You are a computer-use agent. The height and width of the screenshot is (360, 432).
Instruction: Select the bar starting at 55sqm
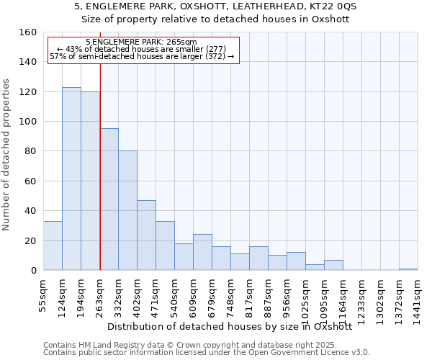pyautogui.click(x=53, y=246)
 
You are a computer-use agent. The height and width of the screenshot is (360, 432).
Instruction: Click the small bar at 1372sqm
pyautogui.click(x=408, y=269)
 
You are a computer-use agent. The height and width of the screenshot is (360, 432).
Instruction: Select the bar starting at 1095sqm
pyautogui.click(x=333, y=265)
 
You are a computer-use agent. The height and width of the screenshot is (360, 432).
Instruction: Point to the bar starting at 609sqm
pyautogui.click(x=202, y=252)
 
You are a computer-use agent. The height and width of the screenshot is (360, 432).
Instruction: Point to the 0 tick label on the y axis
pyautogui.click(x=33, y=271)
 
